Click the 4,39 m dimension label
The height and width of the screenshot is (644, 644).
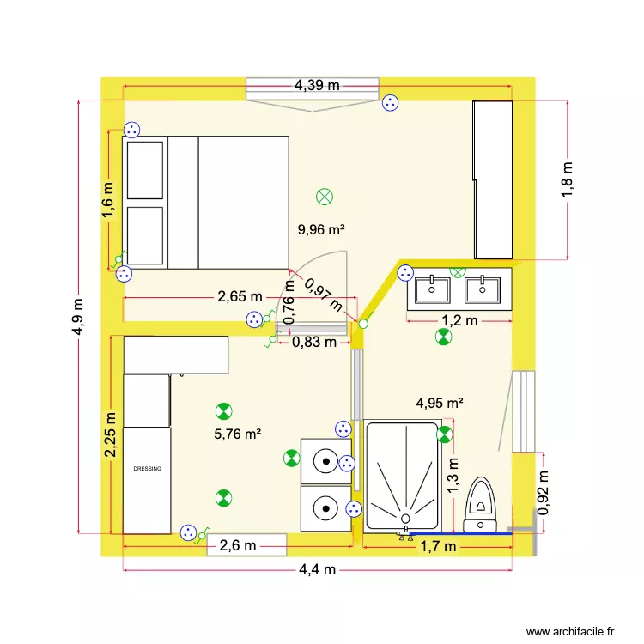click(x=317, y=85)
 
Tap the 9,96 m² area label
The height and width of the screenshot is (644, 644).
click(x=321, y=229)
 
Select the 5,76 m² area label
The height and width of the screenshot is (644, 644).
click(x=237, y=434)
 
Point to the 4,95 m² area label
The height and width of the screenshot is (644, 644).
click(x=440, y=402)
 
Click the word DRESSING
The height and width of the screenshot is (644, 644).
click(x=147, y=469)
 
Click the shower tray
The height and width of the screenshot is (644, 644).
click(x=402, y=475)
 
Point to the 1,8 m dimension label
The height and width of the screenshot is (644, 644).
click(x=568, y=180)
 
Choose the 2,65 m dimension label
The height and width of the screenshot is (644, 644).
click(x=240, y=297)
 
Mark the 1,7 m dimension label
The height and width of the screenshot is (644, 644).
click(x=438, y=545)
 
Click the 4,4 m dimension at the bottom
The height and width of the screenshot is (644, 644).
click(x=318, y=569)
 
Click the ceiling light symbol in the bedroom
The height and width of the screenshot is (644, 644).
click(x=325, y=197)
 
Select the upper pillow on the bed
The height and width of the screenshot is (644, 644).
click(x=145, y=170)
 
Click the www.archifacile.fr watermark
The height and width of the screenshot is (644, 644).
click(x=571, y=630)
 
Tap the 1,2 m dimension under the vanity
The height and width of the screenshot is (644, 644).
click(x=457, y=321)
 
